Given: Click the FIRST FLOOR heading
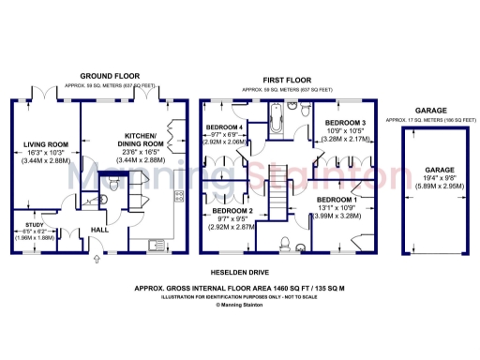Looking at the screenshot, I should pos(287,82).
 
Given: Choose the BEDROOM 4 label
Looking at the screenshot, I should pos(225,127).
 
